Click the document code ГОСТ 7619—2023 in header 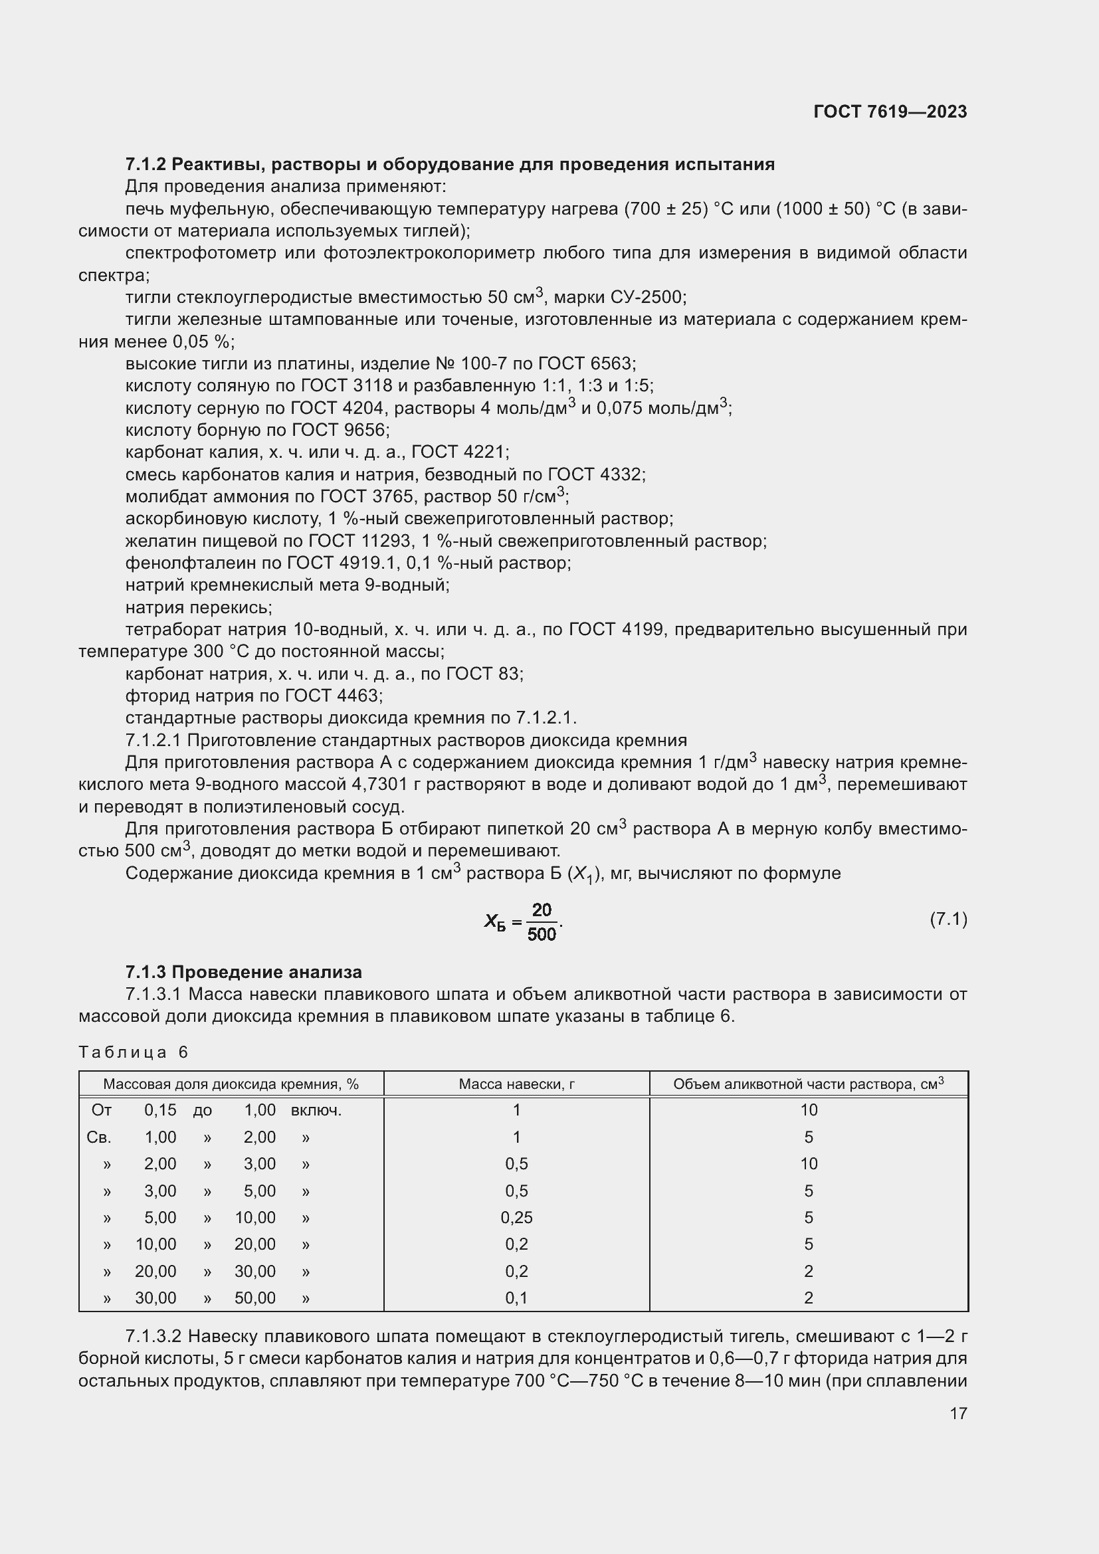[x=890, y=112]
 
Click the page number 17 [x=958, y=1413]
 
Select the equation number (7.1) [x=948, y=919]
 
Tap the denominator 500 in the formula [x=542, y=935]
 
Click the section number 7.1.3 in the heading [x=146, y=973]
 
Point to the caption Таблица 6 [x=133, y=1052]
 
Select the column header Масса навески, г [x=516, y=1084]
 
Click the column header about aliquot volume [x=808, y=1084]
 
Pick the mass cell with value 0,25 [x=516, y=1218]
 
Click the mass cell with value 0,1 [x=516, y=1298]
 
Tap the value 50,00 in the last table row [x=255, y=1298]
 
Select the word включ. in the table [x=316, y=1110]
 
